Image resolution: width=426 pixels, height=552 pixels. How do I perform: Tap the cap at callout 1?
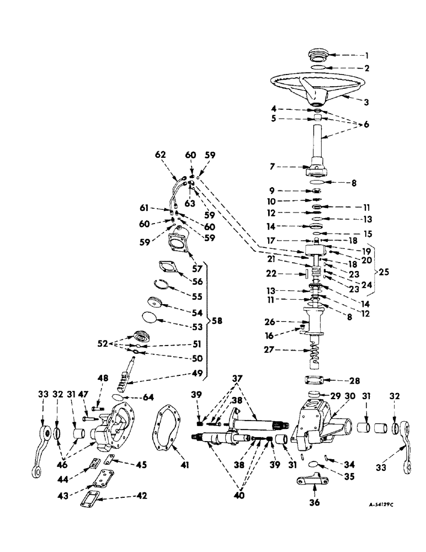pyautogui.click(x=316, y=56)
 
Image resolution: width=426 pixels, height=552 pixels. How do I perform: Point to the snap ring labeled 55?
pyautogui.click(x=162, y=285)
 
